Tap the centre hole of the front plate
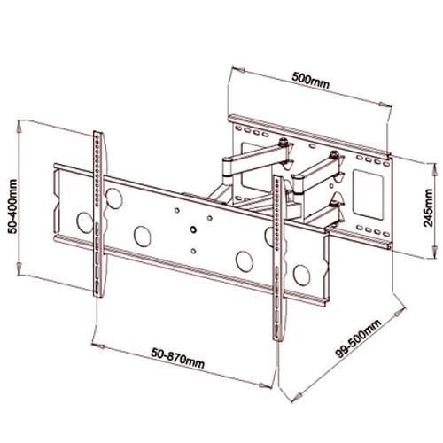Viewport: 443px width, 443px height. [190, 230]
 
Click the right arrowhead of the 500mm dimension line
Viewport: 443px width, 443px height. [391, 97]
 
